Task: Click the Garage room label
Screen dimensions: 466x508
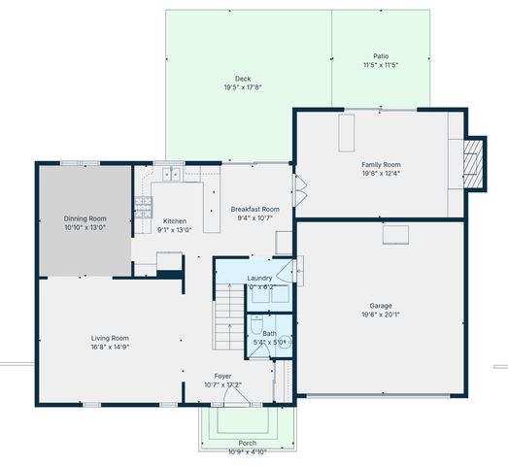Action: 380,305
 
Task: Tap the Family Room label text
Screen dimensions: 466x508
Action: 380,165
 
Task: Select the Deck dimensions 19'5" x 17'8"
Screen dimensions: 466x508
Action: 243,87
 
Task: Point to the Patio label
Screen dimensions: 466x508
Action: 380,56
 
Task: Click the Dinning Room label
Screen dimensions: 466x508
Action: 85,219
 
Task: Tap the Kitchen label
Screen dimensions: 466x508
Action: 174,221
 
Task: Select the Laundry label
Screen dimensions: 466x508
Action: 259,279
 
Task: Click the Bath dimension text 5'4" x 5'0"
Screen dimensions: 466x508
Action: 269,342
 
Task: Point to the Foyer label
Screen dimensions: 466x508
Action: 223,376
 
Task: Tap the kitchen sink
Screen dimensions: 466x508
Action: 171,175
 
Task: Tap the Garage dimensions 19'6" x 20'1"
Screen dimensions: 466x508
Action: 380,314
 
